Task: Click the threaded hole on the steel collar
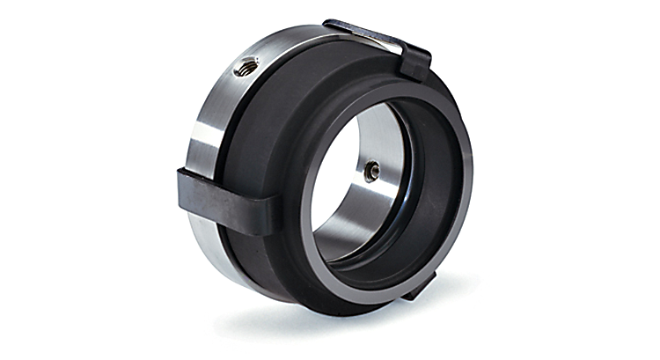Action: [x=247, y=64]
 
